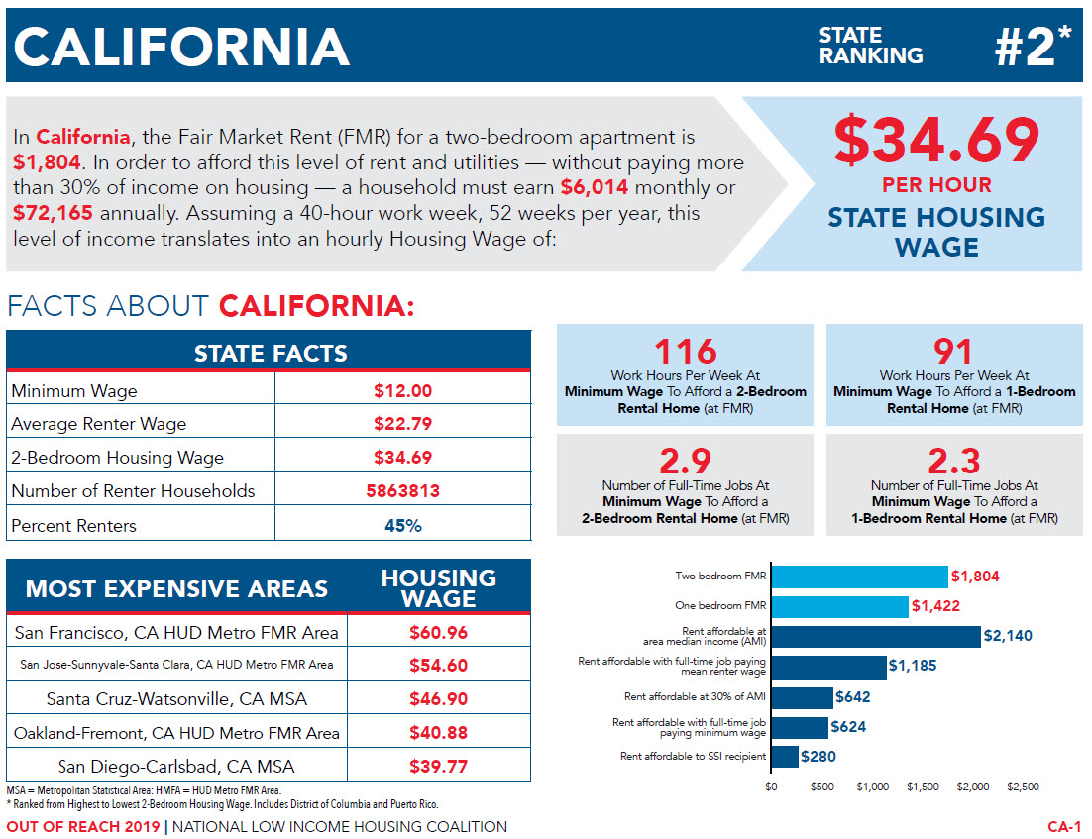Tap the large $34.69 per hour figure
tap(936, 141)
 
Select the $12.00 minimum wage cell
tap(402, 391)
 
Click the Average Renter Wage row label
tap(99, 424)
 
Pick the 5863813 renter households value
tap(402, 491)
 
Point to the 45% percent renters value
tap(402, 525)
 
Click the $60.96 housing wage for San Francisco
tap(438, 632)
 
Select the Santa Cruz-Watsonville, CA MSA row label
tap(176, 699)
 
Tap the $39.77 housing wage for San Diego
tap(438, 767)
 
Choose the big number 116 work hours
tap(685, 352)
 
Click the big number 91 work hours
tap(953, 352)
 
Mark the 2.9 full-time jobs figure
tap(685, 462)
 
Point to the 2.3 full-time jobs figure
tap(953, 462)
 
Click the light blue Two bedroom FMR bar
tap(859, 577)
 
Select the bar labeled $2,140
tap(876, 637)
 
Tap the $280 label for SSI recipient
tap(819, 757)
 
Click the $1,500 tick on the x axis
tap(923, 787)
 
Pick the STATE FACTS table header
tap(270, 353)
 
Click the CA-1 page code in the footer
tap(1064, 827)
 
